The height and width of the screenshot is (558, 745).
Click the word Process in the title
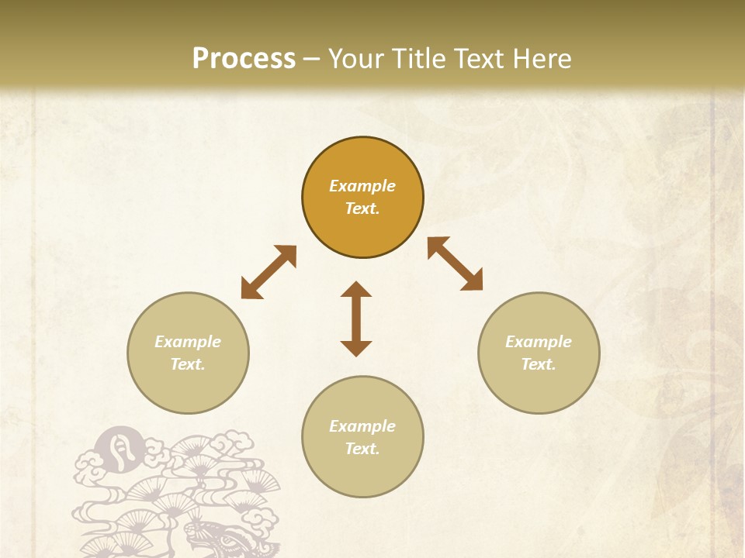pyautogui.click(x=244, y=58)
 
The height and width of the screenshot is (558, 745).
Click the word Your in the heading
pyautogui.click(x=356, y=58)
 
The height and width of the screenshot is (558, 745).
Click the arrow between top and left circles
pyautogui.click(x=269, y=272)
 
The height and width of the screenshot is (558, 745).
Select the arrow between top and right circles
pyautogui.click(x=456, y=263)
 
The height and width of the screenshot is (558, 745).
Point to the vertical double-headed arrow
pyautogui.click(x=356, y=319)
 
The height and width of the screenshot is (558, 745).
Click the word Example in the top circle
pyautogui.click(x=362, y=186)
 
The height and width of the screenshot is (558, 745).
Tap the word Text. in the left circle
pyautogui.click(x=188, y=364)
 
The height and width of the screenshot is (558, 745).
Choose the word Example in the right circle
pyautogui.click(x=539, y=342)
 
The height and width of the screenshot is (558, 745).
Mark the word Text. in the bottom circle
pyautogui.click(x=362, y=449)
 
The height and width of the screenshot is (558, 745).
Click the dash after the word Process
pyautogui.click(x=312, y=59)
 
